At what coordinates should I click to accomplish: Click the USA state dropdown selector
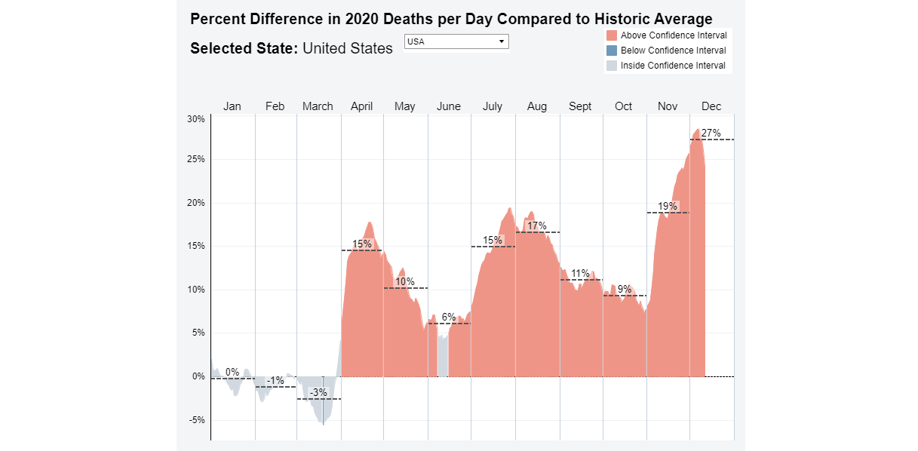(456, 41)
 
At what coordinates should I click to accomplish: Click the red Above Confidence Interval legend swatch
(612, 35)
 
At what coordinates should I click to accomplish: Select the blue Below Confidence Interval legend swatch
(612, 51)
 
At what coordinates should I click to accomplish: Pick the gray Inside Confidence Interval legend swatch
(612, 66)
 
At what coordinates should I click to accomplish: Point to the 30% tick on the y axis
(196, 119)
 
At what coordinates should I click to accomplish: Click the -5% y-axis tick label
(196, 420)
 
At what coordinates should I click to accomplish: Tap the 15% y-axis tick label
(196, 246)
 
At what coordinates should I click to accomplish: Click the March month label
(318, 106)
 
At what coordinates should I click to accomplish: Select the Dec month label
(711, 106)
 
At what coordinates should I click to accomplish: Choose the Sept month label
(580, 106)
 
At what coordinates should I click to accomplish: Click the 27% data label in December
(711, 133)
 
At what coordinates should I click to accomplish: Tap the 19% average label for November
(668, 207)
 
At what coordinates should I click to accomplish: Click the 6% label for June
(449, 317)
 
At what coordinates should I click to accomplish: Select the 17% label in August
(537, 226)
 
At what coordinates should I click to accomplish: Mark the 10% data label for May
(405, 281)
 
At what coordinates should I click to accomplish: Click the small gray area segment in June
(443, 357)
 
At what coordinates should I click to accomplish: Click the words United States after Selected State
(348, 48)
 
